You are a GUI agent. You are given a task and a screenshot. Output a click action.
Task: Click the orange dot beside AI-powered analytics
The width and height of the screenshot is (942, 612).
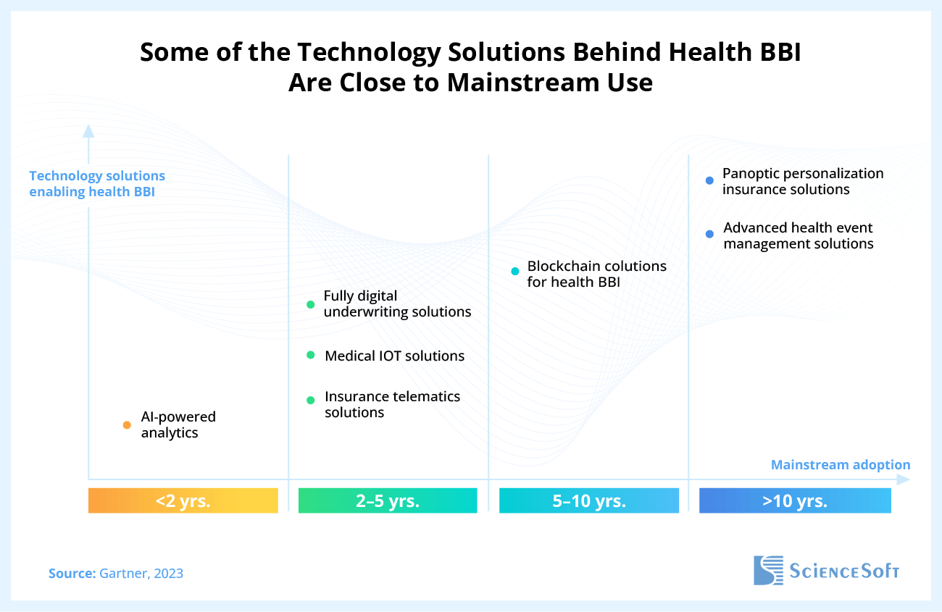126,425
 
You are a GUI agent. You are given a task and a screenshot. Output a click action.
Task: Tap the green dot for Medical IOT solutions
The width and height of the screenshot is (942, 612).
311,355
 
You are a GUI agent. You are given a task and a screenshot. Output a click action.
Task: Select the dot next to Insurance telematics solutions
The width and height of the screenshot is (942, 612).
311,400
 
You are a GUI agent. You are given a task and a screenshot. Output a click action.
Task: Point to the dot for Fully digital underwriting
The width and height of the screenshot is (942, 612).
311,304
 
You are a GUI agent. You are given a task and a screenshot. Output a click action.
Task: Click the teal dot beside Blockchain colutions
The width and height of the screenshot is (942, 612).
515,272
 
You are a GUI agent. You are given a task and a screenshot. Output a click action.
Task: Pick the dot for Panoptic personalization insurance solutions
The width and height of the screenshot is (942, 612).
709,181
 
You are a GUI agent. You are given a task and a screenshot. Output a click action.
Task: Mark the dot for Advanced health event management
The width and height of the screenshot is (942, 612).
709,234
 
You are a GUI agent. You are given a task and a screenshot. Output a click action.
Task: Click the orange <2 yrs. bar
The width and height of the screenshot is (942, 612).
183,500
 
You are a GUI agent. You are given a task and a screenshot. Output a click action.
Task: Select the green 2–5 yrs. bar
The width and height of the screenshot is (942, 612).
388,500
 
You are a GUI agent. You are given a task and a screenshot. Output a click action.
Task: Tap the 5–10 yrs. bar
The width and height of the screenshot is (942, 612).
588,500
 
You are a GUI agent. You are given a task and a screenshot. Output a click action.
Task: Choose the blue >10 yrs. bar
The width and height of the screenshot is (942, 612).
795,500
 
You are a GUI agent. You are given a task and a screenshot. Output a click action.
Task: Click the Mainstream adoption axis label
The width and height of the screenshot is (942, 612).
841,465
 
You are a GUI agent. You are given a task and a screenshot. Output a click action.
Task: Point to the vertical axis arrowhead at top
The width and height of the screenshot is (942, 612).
88,130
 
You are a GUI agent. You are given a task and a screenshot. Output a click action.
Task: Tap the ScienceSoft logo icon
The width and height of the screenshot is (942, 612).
768,570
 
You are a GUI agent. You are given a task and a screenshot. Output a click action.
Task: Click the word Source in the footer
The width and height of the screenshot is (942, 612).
72,574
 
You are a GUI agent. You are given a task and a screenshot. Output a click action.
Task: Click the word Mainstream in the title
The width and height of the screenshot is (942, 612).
515,82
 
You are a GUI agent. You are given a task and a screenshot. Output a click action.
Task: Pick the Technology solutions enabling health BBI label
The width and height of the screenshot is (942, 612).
97,184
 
